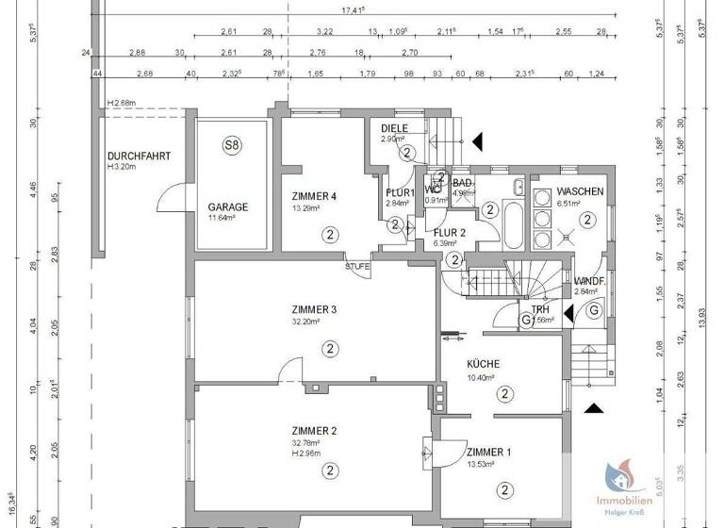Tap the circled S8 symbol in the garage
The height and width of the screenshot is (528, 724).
coord(231,145)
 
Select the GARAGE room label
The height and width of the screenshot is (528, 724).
coord(228,206)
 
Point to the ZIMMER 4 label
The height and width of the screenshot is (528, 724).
coord(315,196)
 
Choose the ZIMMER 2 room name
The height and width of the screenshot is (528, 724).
coord(315,430)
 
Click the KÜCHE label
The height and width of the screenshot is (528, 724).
coord(484,364)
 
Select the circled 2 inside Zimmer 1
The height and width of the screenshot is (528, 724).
coord(505,488)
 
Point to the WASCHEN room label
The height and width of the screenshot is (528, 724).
coord(581,191)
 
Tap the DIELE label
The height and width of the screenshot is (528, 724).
coord(394,128)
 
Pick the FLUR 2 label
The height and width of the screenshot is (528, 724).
coord(451,231)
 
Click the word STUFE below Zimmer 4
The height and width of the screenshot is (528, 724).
coord(357,267)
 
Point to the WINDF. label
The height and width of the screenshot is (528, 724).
coord(588,281)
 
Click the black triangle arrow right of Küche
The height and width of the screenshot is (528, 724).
coord(594,407)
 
